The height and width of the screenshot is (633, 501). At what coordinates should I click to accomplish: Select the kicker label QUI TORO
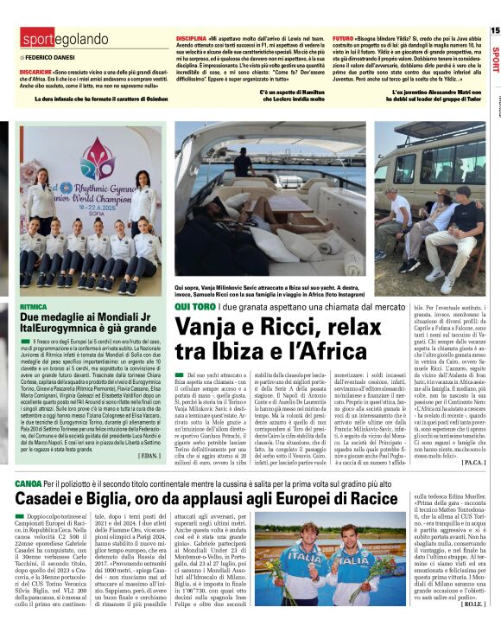[194, 306]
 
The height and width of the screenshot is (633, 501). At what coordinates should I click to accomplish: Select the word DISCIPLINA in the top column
[192, 40]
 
